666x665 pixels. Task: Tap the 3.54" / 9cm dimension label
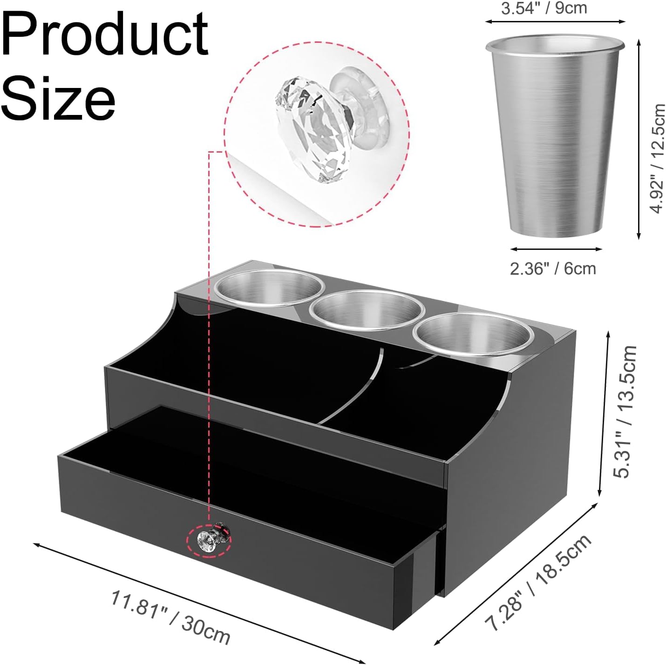click(544, 8)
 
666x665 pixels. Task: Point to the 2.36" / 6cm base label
click(553, 269)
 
